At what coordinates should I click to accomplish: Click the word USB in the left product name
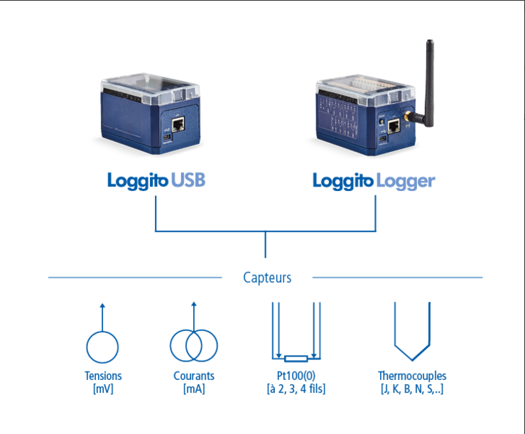(x=188, y=180)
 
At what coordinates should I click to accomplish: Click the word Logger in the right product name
(x=406, y=182)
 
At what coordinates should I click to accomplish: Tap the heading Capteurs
(x=267, y=278)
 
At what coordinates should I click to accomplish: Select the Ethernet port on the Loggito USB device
(x=178, y=124)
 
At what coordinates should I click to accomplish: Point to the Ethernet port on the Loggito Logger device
(x=394, y=126)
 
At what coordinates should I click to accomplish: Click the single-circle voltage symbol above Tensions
(x=102, y=347)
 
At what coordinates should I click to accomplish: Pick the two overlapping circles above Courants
(x=194, y=346)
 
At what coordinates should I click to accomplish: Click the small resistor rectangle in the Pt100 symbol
(x=296, y=359)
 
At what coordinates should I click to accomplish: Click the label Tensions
(x=103, y=376)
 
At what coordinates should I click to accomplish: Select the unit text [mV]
(x=103, y=389)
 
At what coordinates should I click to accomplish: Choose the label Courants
(x=194, y=376)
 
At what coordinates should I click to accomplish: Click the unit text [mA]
(x=194, y=389)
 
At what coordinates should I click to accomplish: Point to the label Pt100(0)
(x=296, y=376)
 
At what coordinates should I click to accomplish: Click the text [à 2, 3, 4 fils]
(x=296, y=389)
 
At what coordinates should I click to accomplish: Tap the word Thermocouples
(x=412, y=376)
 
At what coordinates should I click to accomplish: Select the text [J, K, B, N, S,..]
(x=412, y=389)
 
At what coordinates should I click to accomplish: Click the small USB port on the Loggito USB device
(x=167, y=138)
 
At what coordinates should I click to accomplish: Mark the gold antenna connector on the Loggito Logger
(x=408, y=116)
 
